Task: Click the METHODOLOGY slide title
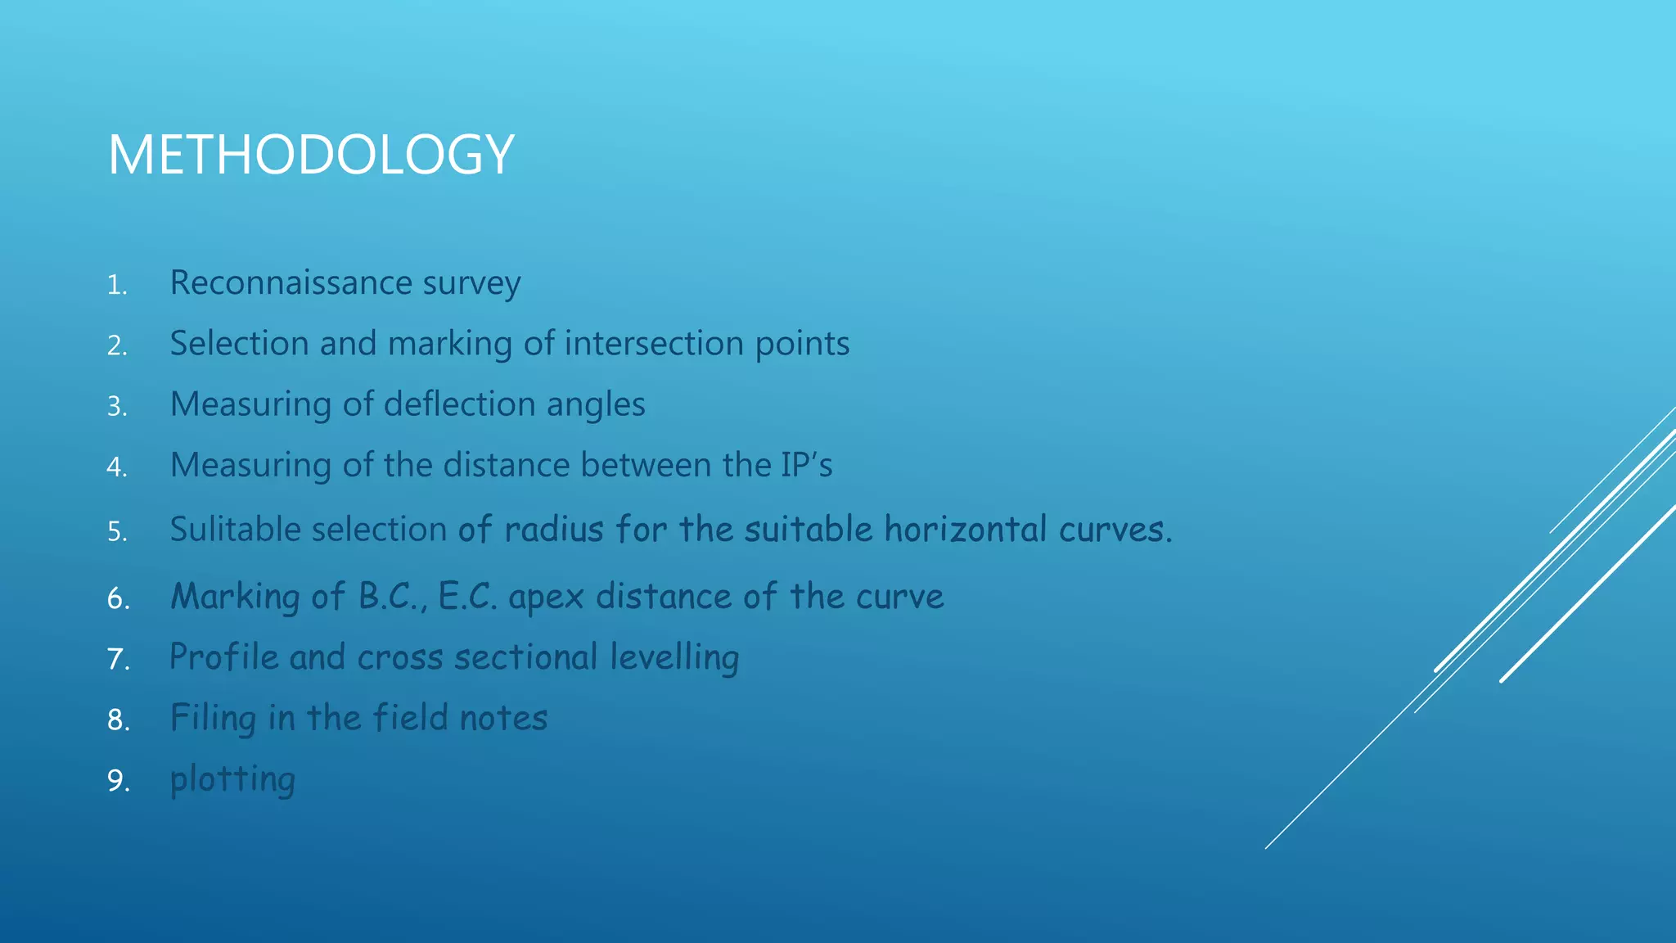click(x=311, y=155)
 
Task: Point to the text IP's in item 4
click(x=806, y=465)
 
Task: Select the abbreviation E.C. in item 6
click(x=467, y=596)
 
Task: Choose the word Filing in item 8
click(x=213, y=719)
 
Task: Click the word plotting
click(x=232, y=780)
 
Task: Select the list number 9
click(x=118, y=781)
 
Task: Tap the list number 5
click(x=117, y=532)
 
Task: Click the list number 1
click(x=117, y=286)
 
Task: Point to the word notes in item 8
click(x=503, y=718)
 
